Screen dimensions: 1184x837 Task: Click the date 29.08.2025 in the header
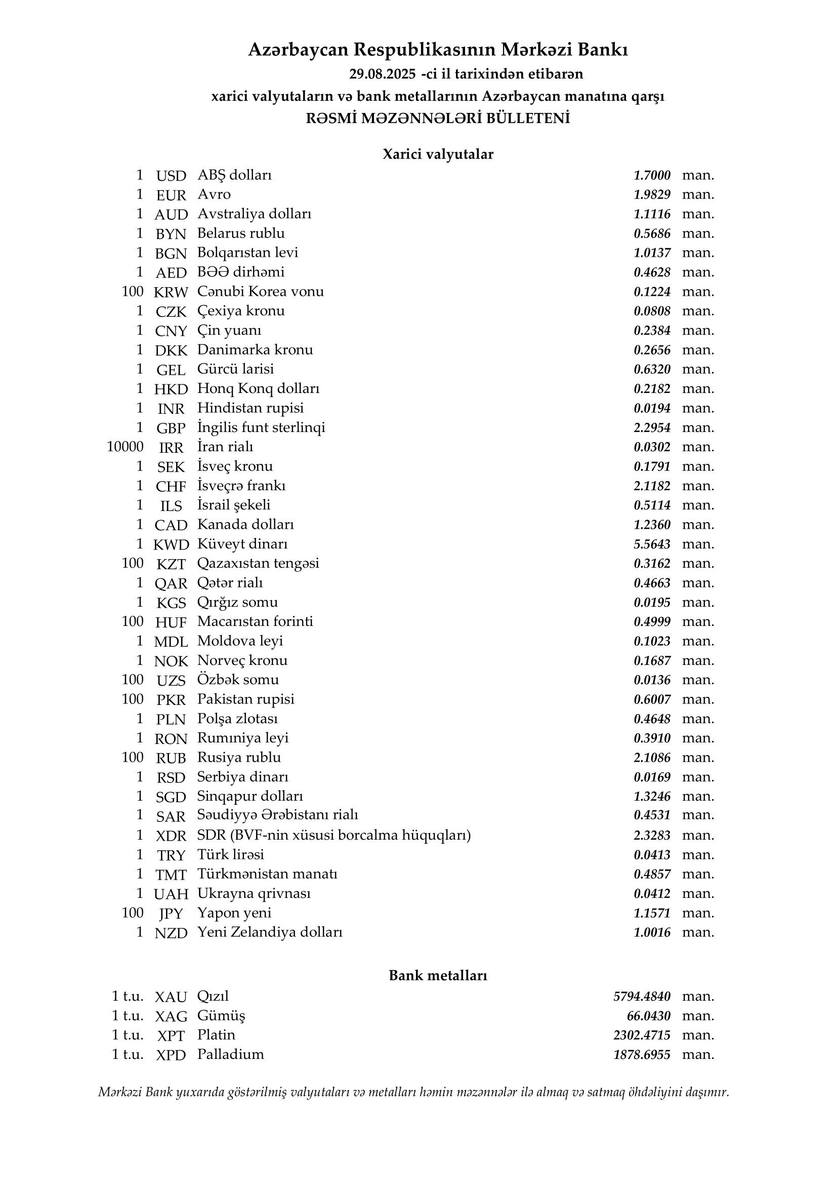click(382, 74)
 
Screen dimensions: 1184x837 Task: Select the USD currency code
click(171, 176)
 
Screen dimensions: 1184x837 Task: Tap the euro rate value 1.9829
click(652, 195)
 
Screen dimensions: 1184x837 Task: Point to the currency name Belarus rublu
click(241, 233)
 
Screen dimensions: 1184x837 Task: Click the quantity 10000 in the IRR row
click(124, 447)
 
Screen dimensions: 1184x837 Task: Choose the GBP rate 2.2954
click(652, 428)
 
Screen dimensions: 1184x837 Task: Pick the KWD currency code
click(171, 544)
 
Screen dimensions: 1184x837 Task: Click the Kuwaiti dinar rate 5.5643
click(652, 544)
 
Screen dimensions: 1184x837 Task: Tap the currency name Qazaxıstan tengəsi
click(258, 563)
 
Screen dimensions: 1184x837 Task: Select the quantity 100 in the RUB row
click(133, 758)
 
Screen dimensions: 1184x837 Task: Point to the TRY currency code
click(171, 855)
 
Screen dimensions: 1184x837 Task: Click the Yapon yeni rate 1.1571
click(652, 913)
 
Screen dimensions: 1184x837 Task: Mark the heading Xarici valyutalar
click(438, 154)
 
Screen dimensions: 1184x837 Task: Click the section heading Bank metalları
click(438, 976)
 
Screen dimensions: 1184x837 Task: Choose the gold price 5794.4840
click(642, 997)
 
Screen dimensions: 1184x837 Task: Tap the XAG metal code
click(171, 1016)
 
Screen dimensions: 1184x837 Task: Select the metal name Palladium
click(230, 1054)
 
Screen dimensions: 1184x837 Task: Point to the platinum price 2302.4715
click(642, 1036)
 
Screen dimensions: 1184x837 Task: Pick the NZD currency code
click(171, 933)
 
